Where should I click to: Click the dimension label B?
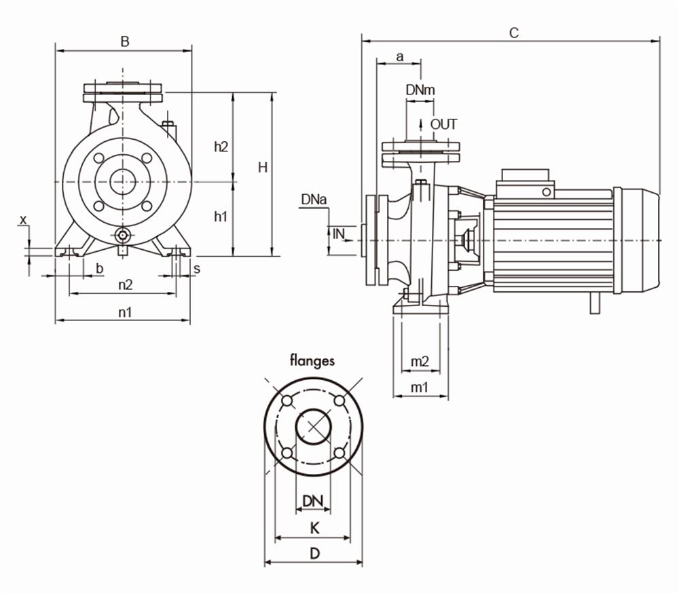[x=124, y=41]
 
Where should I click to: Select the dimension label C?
[x=514, y=32]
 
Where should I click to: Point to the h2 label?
[x=221, y=146]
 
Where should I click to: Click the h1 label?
[x=221, y=217]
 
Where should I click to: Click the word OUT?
[x=443, y=124]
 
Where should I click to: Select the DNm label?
[x=420, y=90]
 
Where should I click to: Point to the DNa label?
[x=314, y=200]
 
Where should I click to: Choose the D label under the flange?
[x=314, y=553]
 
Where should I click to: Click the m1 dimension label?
[x=420, y=387]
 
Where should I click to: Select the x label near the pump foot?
[x=23, y=219]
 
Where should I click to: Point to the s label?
[x=196, y=268]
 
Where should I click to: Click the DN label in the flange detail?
[x=312, y=501]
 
